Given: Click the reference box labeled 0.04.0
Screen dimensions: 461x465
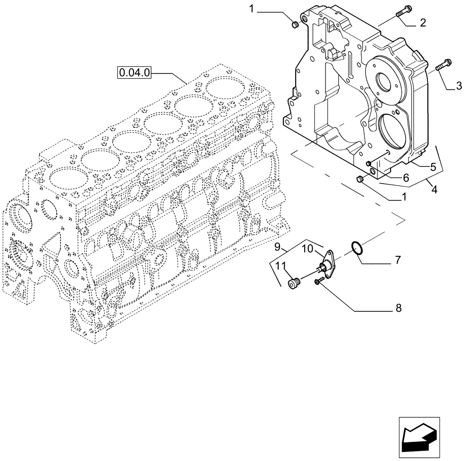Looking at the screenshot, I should pos(134,72).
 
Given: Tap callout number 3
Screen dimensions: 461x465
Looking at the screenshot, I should pos(458,86).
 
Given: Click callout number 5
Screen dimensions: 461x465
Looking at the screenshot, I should pos(432,166).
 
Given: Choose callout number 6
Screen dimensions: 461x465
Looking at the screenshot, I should pos(405,177).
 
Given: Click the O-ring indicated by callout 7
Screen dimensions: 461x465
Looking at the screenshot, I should pos(357,249).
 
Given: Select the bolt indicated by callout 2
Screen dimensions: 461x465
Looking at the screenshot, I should pos(403,12).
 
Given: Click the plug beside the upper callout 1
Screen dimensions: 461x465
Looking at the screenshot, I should pos(294,25).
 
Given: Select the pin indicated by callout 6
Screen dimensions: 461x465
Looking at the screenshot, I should pos(369,163).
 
